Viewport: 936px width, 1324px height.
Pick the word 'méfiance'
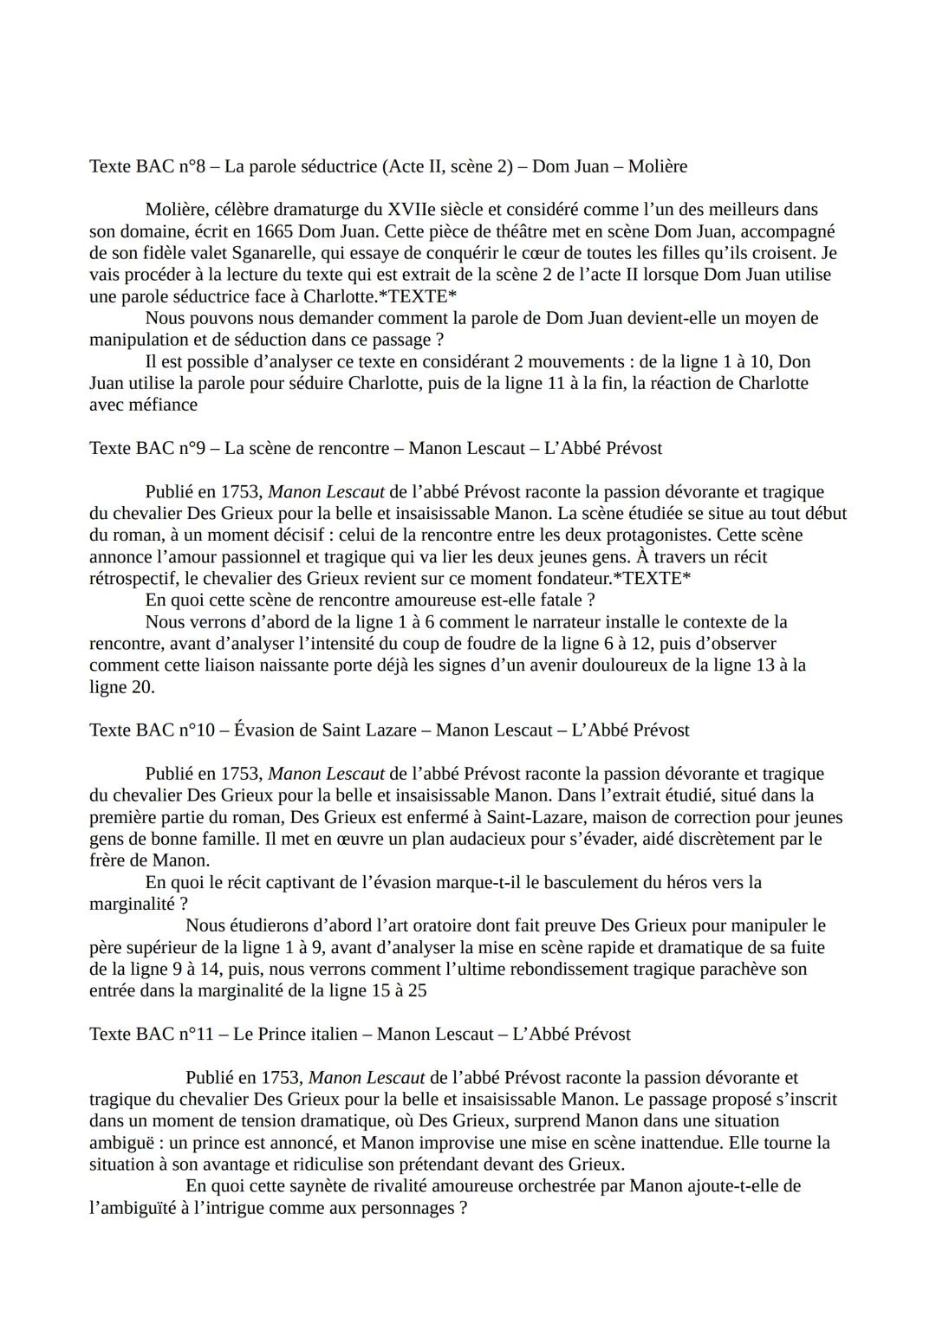162,405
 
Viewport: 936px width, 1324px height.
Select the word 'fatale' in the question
561,600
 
